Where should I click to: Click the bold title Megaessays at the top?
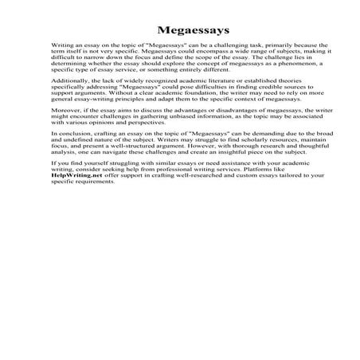click(179, 29)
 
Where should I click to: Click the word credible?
click(270, 90)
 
